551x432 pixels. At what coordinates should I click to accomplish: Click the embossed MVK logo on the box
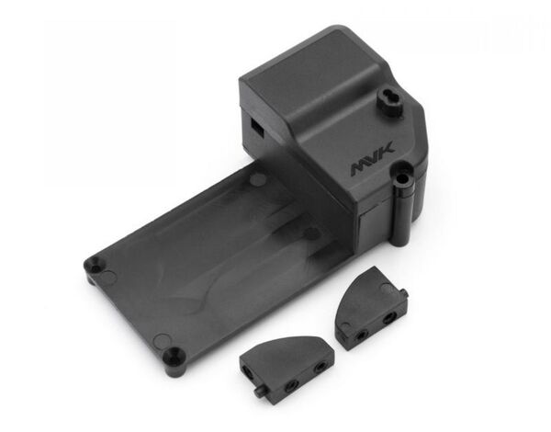[373, 158]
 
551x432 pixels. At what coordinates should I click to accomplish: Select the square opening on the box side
[256, 127]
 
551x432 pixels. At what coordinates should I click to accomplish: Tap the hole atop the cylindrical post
[402, 177]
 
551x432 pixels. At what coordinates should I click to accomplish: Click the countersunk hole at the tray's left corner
[95, 263]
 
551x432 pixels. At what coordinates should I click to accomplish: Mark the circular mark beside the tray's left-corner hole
[110, 277]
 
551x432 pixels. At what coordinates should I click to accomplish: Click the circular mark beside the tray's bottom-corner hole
[162, 340]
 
